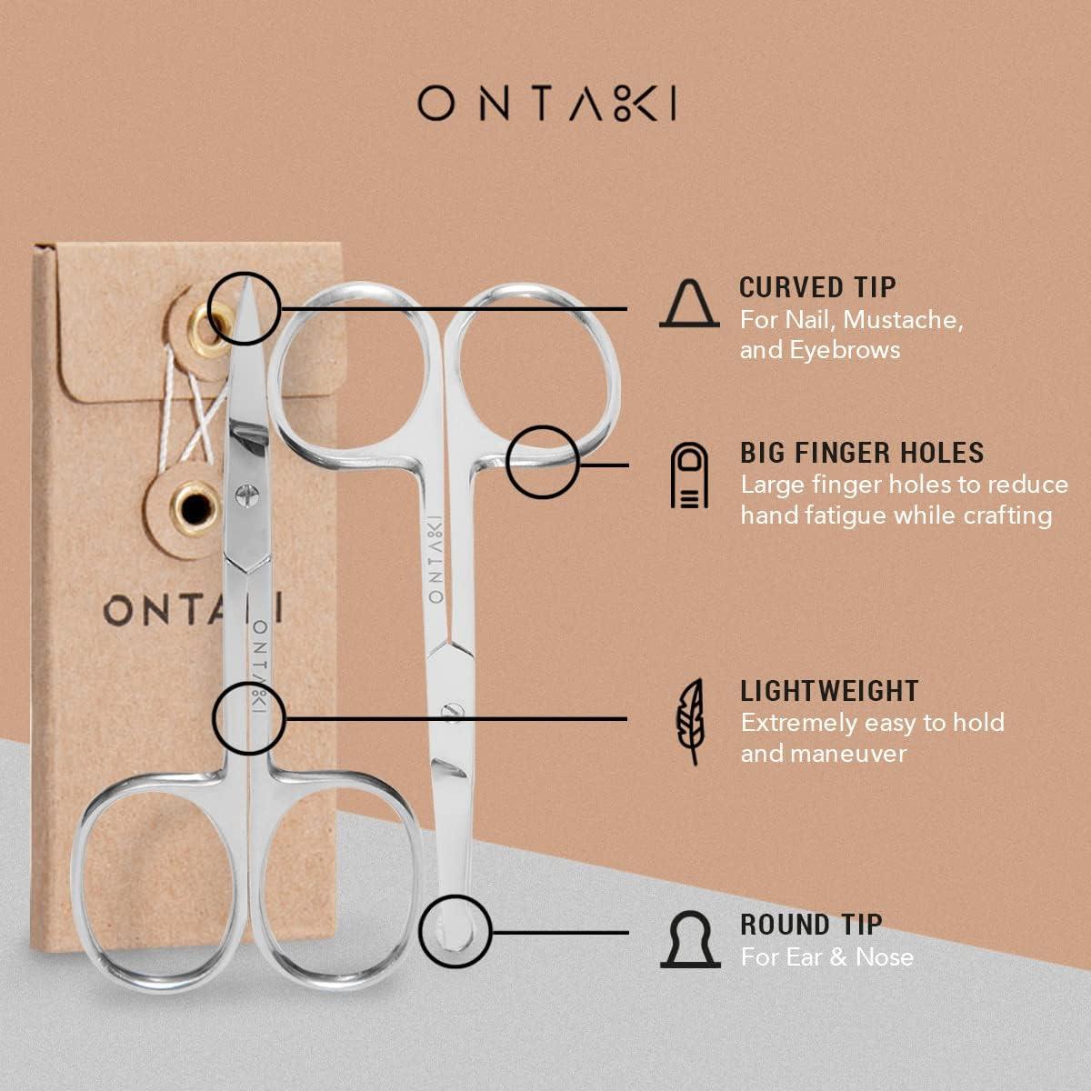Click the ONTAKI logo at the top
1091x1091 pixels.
tap(546, 104)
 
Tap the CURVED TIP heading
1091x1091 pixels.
tap(817, 287)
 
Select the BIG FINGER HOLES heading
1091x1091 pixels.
tap(861, 452)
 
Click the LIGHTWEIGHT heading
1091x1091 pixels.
tap(829, 691)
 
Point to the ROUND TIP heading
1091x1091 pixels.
tap(811, 925)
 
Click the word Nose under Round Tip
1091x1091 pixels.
tap(885, 956)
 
